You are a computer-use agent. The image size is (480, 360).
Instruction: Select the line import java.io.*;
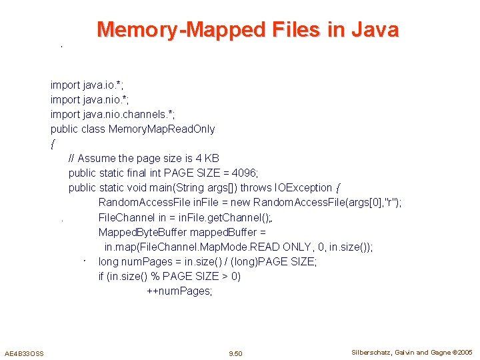(x=86, y=85)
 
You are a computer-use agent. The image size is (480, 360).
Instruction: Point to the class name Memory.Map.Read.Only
(x=162, y=129)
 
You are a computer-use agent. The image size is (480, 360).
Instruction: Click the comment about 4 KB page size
(x=143, y=158)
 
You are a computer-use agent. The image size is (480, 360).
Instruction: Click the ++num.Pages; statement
(x=179, y=291)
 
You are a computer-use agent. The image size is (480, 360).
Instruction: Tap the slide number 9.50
(x=235, y=353)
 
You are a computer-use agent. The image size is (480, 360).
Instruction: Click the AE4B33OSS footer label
(x=24, y=353)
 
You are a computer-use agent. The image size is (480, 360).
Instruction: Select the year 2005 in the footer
(x=465, y=352)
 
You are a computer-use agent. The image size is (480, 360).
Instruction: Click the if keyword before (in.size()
(x=101, y=276)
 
